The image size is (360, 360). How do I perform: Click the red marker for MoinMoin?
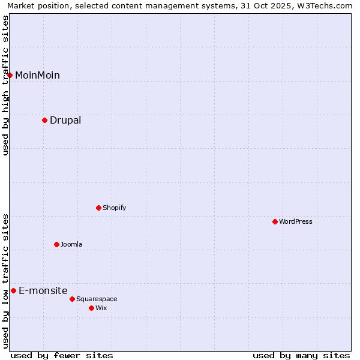pyautogui.click(x=10, y=75)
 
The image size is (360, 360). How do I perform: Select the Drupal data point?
pyautogui.click(x=44, y=120)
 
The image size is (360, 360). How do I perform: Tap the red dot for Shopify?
pyautogui.click(x=98, y=208)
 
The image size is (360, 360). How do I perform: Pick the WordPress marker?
pyautogui.click(x=275, y=221)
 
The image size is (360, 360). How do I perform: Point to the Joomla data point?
pyautogui.click(x=56, y=244)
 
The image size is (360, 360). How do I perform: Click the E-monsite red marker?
pyautogui.click(x=13, y=290)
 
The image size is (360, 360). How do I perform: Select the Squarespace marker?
pyautogui.click(x=72, y=299)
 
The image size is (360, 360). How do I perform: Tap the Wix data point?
pyautogui.click(x=91, y=308)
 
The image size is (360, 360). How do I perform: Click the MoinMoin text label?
pyautogui.click(x=37, y=75)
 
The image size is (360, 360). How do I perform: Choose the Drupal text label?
pyautogui.click(x=65, y=120)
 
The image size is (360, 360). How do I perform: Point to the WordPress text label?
pyautogui.click(x=296, y=221)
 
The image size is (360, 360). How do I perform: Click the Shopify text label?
pyautogui.click(x=114, y=208)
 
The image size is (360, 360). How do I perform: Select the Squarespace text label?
pyautogui.click(x=97, y=299)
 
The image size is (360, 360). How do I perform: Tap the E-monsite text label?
pyautogui.click(x=43, y=290)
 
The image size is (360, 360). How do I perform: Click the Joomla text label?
pyautogui.click(x=71, y=244)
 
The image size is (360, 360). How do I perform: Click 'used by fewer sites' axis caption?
pyautogui.click(x=62, y=355)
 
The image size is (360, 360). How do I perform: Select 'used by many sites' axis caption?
pyautogui.click(x=301, y=355)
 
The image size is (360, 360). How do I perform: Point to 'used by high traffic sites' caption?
pyautogui.click(x=5, y=85)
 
